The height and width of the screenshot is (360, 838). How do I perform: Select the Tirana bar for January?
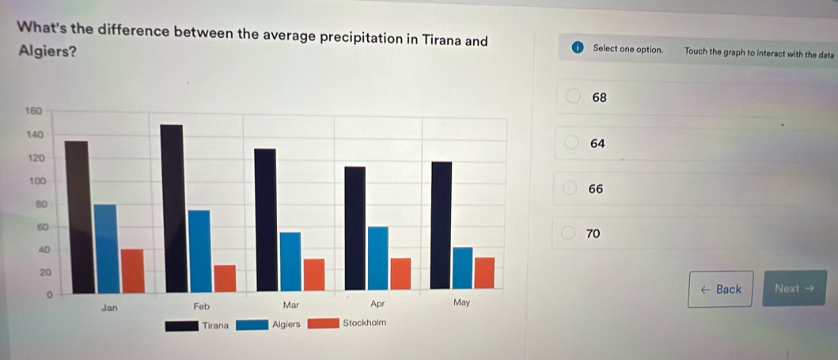(x=76, y=217)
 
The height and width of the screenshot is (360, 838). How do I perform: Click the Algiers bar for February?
(x=199, y=251)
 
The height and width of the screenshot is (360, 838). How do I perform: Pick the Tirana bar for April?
(x=355, y=229)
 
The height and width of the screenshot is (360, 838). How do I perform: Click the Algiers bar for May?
(x=462, y=268)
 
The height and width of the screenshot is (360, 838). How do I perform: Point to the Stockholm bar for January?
(x=132, y=271)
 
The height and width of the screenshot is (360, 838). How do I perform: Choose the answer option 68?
(x=599, y=98)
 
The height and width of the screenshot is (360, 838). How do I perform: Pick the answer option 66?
(x=596, y=189)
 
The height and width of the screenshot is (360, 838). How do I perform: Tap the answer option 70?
(x=593, y=234)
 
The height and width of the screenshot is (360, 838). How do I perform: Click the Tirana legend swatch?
(x=180, y=324)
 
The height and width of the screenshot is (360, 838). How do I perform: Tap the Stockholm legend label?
(x=364, y=324)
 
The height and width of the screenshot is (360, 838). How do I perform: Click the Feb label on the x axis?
(x=200, y=305)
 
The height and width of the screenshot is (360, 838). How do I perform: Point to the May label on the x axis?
(x=461, y=303)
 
